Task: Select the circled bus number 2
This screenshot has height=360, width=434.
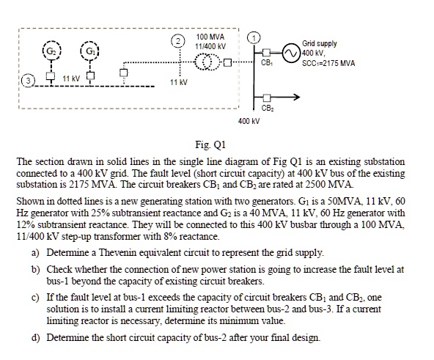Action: click(176, 39)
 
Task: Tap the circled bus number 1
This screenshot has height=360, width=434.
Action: click(254, 38)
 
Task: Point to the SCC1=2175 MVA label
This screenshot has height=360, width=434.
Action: click(331, 63)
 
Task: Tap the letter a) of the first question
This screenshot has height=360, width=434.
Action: click(35, 251)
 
